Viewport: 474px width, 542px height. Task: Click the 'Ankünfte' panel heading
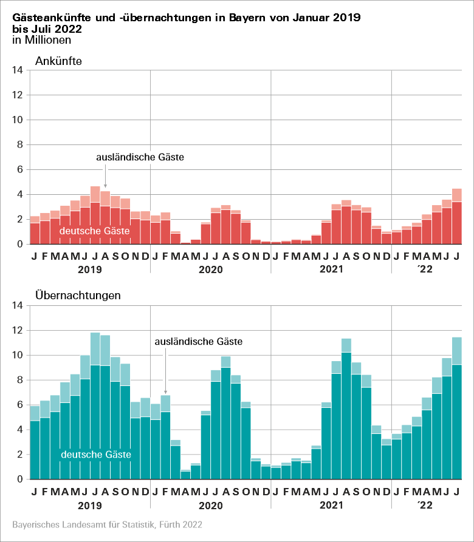coord(58,61)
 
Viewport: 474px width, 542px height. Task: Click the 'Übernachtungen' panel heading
coord(78,296)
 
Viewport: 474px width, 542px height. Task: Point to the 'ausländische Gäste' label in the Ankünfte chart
coord(140,157)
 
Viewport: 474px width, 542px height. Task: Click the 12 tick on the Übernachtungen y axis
coord(18,330)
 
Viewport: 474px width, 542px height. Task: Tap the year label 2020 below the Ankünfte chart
coord(210,268)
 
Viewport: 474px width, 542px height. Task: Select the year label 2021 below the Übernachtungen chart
coord(331,504)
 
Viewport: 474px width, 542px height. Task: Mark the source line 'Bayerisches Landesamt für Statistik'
coord(107,524)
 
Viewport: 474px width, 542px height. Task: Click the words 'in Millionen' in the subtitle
coord(41,40)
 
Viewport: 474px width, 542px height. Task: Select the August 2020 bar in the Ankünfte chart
coord(226,225)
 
